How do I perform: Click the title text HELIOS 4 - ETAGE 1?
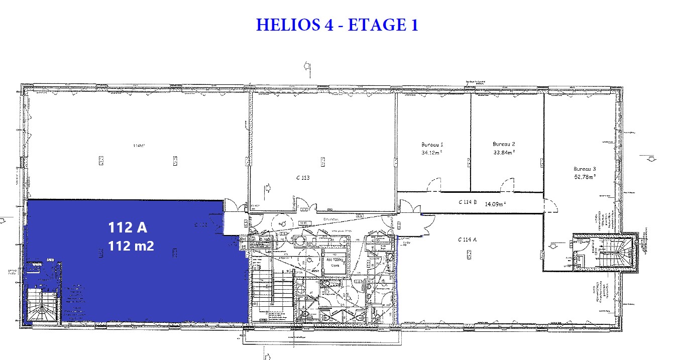[336, 25]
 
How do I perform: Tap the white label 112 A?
[128, 227]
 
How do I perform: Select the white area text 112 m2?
[131, 246]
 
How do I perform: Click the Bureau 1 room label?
[432, 144]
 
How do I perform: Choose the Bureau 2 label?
[504, 144]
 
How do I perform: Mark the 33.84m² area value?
[504, 152]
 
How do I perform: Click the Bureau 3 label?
[585, 169]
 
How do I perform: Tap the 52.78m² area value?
[585, 177]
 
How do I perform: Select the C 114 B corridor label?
[467, 202]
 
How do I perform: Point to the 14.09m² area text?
[495, 204]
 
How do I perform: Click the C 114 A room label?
[467, 239]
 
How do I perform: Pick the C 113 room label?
[303, 178]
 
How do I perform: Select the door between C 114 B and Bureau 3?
[549, 203]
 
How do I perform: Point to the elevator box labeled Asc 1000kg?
[334, 263]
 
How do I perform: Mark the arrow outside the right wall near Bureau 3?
[651, 159]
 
